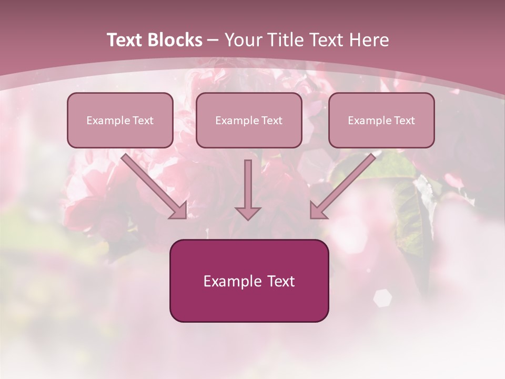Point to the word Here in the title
pyautogui.click(x=369, y=40)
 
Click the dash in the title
pyautogui.click(x=213, y=41)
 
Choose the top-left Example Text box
pyautogui.click(x=120, y=120)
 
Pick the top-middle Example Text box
pyautogui.click(x=249, y=120)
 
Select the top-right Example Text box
pyautogui.click(x=381, y=120)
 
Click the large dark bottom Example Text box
pyautogui.click(x=249, y=281)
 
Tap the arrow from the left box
pyautogui.click(x=153, y=184)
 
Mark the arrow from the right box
pyautogui.click(x=345, y=184)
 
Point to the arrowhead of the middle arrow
pyautogui.click(x=248, y=213)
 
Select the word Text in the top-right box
pyautogui.click(x=404, y=121)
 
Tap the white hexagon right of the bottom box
pyautogui.click(x=382, y=298)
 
